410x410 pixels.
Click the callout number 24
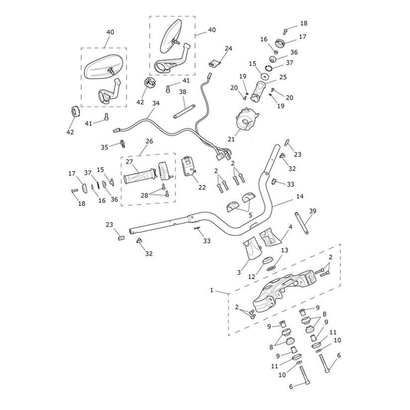(x=228, y=49)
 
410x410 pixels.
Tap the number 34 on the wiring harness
(x=156, y=103)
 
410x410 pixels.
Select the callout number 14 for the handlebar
(x=300, y=196)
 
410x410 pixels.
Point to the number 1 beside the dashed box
(x=212, y=290)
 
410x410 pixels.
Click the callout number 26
(x=149, y=141)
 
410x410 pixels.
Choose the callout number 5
(x=250, y=216)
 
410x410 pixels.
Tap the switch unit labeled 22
(x=189, y=166)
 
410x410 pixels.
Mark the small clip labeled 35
(x=121, y=143)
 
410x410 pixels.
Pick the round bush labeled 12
(x=265, y=262)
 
